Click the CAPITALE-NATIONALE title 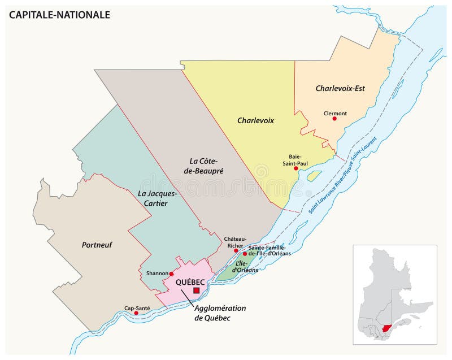tap(59, 15)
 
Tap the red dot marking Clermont tap(334, 119)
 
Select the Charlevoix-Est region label tap(340, 88)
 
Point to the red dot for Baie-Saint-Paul tap(296, 168)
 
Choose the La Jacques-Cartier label tap(158, 198)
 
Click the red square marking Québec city tap(196, 290)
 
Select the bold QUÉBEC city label tap(190, 281)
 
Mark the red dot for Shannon tap(172, 274)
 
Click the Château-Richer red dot tap(236, 250)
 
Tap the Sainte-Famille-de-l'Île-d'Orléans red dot tap(245, 254)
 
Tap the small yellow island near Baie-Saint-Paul tap(314, 176)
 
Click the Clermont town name tap(335, 112)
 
